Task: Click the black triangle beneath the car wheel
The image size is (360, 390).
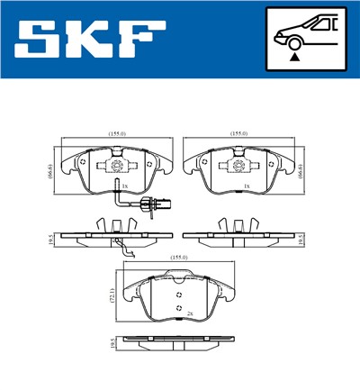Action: [x=294, y=56]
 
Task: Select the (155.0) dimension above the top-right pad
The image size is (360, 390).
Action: [x=240, y=133]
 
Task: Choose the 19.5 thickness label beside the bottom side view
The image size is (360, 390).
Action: [x=112, y=343]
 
